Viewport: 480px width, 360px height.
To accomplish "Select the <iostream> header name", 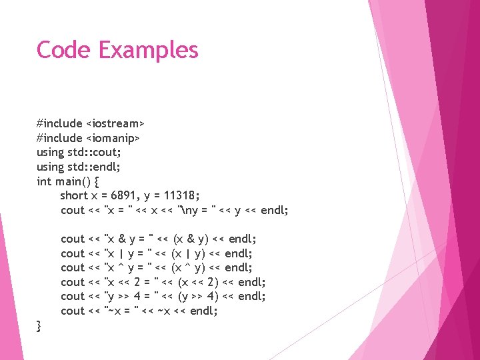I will pos(115,124).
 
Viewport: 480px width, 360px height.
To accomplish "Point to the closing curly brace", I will pos(39,325).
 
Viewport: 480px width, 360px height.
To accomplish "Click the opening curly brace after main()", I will pos(99,181).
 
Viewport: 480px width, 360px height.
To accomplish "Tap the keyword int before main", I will pos(43,181).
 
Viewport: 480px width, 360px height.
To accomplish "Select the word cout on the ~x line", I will pos(72,311).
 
